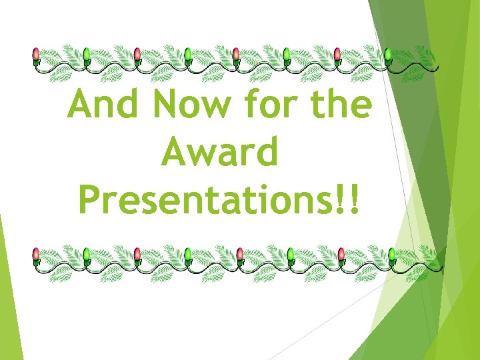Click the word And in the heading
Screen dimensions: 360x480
(x=103, y=105)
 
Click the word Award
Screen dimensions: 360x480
(x=219, y=153)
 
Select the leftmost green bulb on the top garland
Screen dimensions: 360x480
(x=86, y=55)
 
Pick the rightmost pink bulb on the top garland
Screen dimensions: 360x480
(x=337, y=55)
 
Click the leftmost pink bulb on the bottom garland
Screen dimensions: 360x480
(x=37, y=254)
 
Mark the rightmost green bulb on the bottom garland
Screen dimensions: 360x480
(x=391, y=254)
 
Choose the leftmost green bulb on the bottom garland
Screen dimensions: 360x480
(x=87, y=254)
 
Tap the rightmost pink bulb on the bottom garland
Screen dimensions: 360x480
(x=341, y=254)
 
